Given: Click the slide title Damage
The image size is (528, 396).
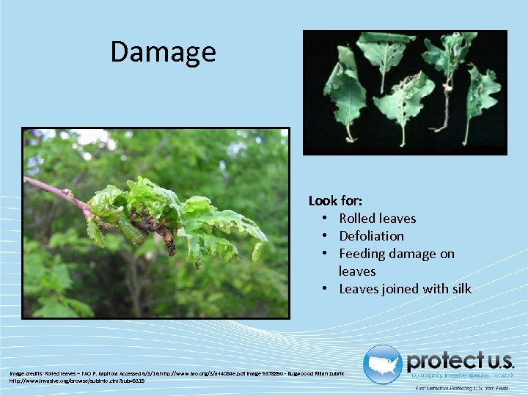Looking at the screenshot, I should (163, 52).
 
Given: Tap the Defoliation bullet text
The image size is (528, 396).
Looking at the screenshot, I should (371, 235).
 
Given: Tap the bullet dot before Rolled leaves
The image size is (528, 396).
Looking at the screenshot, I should (323, 219).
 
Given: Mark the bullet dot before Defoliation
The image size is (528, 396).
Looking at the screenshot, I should (323, 236).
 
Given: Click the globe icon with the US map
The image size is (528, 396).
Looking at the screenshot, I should (382, 364).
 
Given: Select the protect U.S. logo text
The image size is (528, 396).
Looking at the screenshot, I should (461, 361).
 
